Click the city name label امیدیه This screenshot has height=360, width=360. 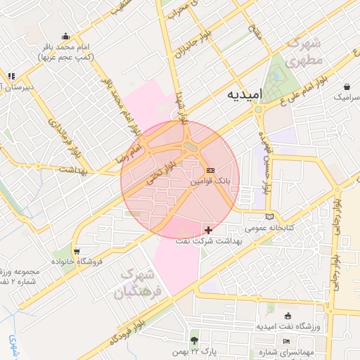click(245, 94)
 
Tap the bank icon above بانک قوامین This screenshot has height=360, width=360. click(210, 171)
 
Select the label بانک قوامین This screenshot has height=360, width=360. click(214, 181)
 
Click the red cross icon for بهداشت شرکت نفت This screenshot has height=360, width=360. click(208, 230)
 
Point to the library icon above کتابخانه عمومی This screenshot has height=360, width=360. click(269, 217)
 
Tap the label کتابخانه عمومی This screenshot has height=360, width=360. click(268, 228)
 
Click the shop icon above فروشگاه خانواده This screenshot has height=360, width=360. click(77, 252)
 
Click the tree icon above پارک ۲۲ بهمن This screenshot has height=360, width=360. click(194, 340)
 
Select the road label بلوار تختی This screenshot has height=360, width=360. click(158, 172)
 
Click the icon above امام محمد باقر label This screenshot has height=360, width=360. click(66, 37)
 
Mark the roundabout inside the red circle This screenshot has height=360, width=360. click(190, 147)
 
